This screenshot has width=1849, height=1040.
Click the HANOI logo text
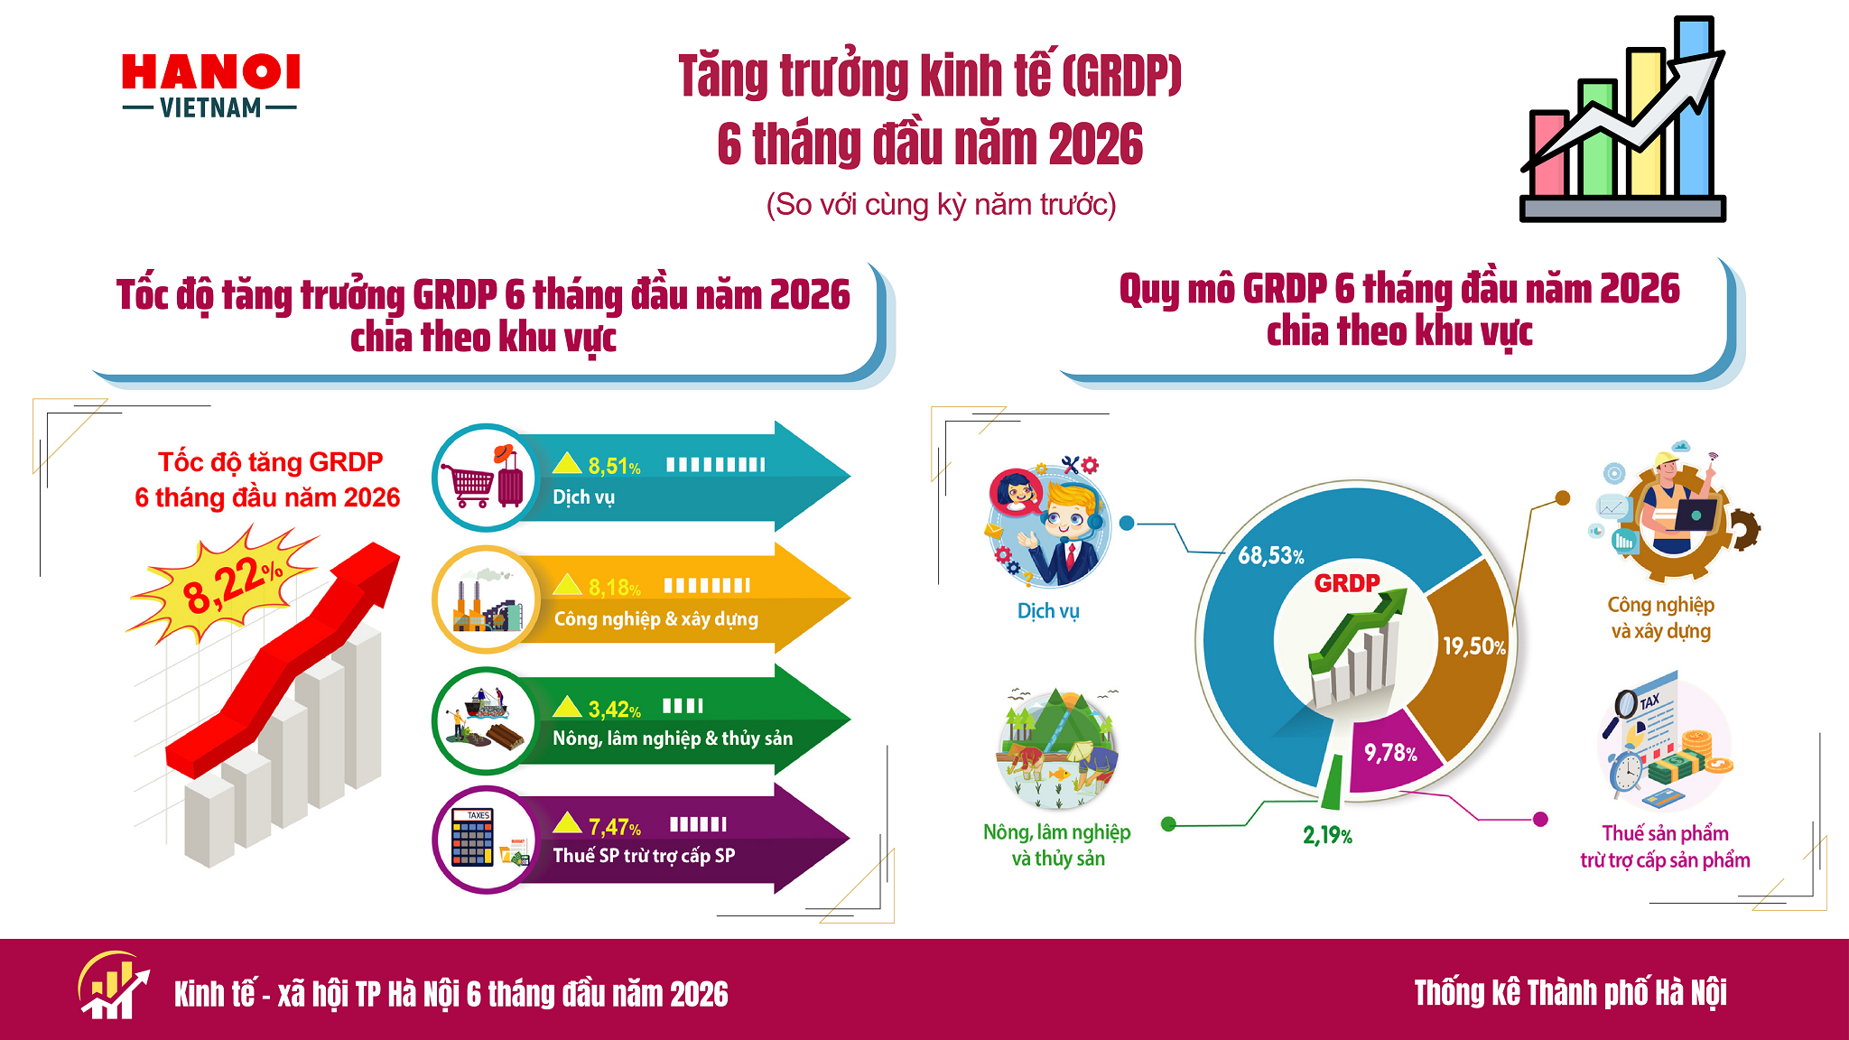pyautogui.click(x=211, y=72)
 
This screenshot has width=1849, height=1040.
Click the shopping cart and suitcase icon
pyautogui.click(x=484, y=477)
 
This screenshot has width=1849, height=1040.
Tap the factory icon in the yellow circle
pyautogui.click(x=486, y=599)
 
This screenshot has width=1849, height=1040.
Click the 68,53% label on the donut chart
pyautogui.click(x=1271, y=555)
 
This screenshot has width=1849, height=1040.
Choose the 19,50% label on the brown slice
pyautogui.click(x=1474, y=646)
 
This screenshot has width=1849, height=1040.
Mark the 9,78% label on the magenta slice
pyautogui.click(x=1390, y=753)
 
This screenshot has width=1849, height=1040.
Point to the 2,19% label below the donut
pyautogui.click(x=1327, y=835)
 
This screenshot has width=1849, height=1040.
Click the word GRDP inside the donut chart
pyautogui.click(x=1347, y=583)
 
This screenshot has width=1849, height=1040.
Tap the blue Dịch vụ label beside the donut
pyautogui.click(x=1048, y=611)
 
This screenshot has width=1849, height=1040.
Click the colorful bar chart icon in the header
pyautogui.click(x=1623, y=119)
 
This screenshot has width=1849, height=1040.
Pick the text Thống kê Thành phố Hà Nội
pyautogui.click(x=1570, y=993)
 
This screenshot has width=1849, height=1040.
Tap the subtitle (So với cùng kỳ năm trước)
pyautogui.click(x=941, y=205)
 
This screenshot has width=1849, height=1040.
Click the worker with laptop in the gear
pyautogui.click(x=1675, y=512)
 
